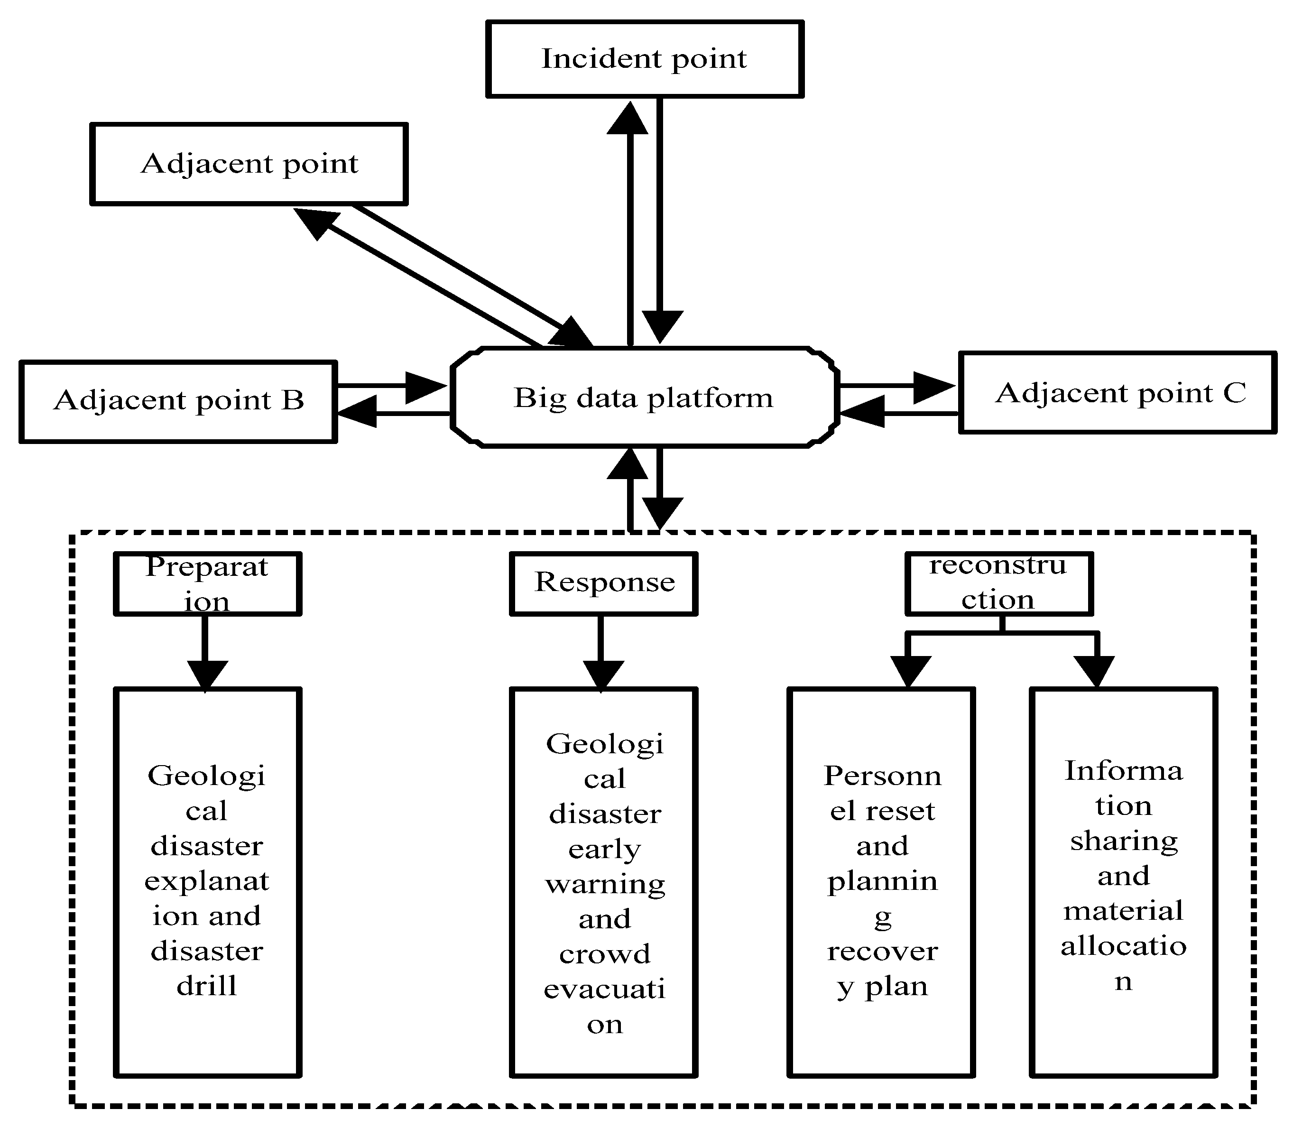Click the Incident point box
pyautogui.click(x=645, y=59)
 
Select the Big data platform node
pyautogui.click(x=643, y=397)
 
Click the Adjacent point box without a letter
pyautogui.click(x=249, y=164)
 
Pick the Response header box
pyautogui.click(x=604, y=583)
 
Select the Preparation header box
pyautogui.click(x=207, y=583)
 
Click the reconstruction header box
pyautogui.click(x=999, y=583)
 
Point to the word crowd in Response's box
pyautogui.click(x=604, y=954)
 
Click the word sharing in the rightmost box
pyautogui.click(x=1124, y=841)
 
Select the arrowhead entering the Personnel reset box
pyautogui.click(x=910, y=671)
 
